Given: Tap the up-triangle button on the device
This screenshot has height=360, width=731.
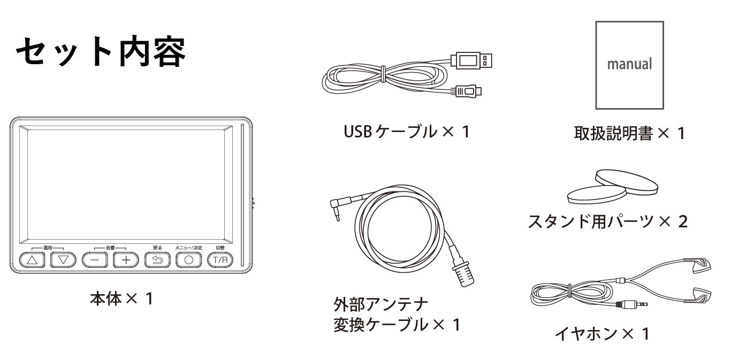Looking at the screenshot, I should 33,260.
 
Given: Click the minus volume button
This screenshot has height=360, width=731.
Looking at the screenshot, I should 95,260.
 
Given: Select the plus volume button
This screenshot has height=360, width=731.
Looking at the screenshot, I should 126,260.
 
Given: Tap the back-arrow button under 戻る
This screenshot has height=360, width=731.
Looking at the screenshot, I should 157,260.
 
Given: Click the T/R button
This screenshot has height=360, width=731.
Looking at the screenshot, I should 220,260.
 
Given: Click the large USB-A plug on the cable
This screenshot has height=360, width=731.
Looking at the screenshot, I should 471,60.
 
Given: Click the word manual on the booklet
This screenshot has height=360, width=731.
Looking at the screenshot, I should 629,64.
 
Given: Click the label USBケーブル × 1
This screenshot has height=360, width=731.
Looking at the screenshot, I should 407,131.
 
